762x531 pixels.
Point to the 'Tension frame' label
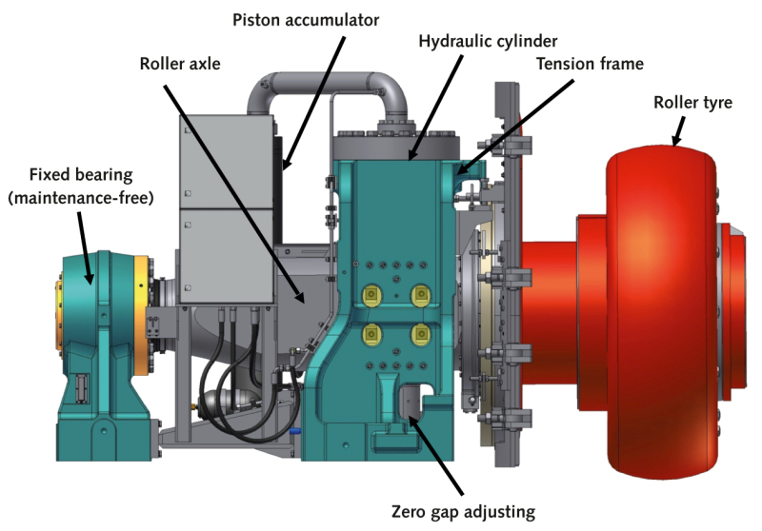pos(590,65)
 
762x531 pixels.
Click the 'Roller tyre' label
pos(692,103)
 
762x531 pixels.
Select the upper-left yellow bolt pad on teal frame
pos(371,296)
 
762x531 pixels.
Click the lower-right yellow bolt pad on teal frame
pos(417,335)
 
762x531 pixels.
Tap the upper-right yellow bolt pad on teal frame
pos(417,296)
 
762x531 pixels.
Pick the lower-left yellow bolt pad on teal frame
pos(371,335)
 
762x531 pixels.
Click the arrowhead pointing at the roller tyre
pos(677,143)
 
